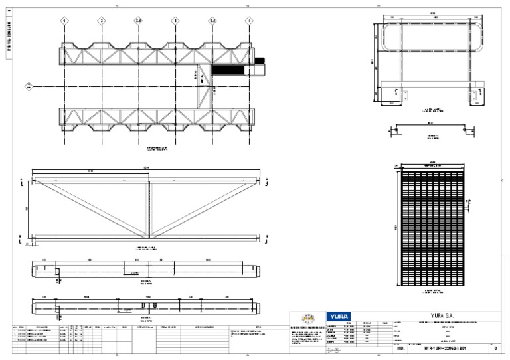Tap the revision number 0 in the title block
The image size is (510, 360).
tap(495, 349)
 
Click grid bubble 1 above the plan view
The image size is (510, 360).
tap(64, 21)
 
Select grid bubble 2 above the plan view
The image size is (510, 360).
tap(102, 21)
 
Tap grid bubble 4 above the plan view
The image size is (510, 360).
tap(249, 21)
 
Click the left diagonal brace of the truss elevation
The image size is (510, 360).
tap(90, 207)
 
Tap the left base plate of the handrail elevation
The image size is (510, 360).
tap(390, 98)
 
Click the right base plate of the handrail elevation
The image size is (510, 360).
tap(476, 98)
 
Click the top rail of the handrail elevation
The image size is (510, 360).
tap(432, 25)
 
